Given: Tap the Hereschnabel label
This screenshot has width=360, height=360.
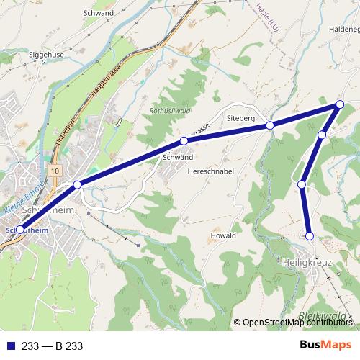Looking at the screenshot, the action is tap(208, 172).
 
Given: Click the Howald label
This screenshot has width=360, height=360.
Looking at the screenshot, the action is tap(222, 235).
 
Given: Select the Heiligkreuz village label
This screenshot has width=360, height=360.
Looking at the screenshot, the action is tap(307, 264).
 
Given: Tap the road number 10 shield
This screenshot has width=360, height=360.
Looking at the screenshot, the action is tap(55, 170).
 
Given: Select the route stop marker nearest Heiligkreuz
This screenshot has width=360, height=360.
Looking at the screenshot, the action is tap(310, 235).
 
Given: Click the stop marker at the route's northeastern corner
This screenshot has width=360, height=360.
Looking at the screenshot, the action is tap(340, 105).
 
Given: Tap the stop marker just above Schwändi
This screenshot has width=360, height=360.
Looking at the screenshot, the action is tap(184, 140).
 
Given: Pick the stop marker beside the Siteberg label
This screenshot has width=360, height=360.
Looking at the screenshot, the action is tap(270, 125).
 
